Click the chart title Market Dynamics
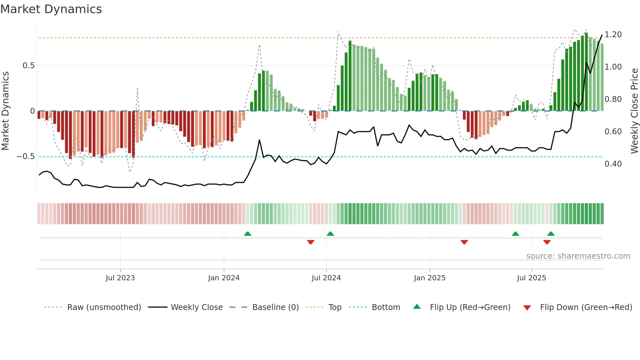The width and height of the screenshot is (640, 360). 51,9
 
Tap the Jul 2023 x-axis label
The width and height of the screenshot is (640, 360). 120,278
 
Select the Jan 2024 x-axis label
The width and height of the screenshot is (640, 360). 224,278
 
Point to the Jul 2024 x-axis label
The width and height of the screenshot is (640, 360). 326,278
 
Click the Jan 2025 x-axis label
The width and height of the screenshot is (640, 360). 429,278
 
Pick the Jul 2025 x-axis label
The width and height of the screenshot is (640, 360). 531,278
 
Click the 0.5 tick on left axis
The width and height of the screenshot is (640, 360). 28,66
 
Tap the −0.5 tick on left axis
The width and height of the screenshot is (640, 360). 25,156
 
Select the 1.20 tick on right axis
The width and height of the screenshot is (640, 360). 613,35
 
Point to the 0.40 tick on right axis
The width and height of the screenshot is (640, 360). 613,164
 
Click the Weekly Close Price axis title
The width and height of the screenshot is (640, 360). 634,111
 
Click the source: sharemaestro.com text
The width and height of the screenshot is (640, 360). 578,256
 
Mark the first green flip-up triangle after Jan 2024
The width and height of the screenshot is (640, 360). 248,234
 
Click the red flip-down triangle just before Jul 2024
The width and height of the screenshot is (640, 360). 311,242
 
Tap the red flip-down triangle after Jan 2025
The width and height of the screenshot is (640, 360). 464,242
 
